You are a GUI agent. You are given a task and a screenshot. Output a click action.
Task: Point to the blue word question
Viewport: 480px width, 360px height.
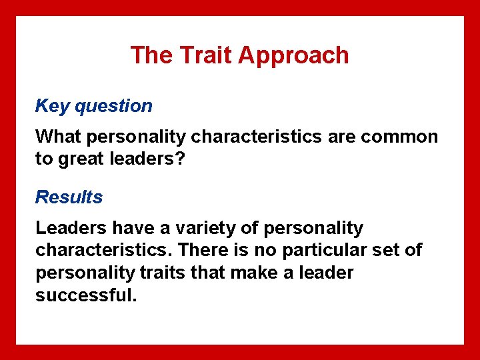tap(114, 106)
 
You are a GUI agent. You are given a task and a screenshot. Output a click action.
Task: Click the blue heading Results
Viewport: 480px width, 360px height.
tap(69, 197)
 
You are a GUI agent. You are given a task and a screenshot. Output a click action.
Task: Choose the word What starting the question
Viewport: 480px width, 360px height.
tap(59, 137)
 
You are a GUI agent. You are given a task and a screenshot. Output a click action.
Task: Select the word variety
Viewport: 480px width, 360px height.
tap(204, 228)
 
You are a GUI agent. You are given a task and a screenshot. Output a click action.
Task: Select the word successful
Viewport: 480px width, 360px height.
tap(86, 295)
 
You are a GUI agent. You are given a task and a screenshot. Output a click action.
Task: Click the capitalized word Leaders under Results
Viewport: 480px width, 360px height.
tap(71, 228)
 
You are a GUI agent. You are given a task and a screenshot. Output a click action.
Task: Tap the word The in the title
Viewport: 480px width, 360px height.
tap(151, 55)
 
